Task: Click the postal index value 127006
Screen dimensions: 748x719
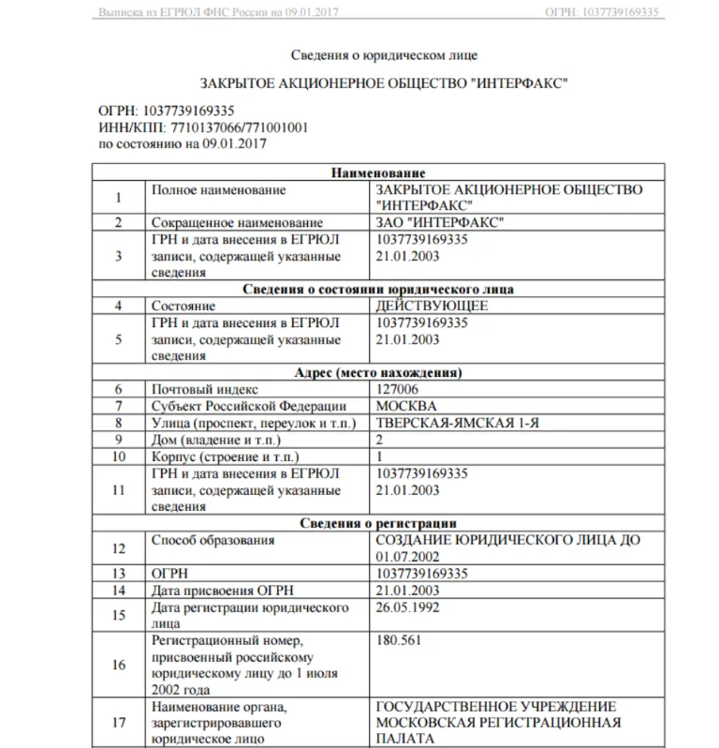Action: point(397,388)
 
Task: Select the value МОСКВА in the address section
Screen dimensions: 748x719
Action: point(405,405)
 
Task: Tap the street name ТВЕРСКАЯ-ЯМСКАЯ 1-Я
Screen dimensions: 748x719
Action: point(457,423)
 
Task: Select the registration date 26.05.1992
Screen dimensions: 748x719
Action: point(407,607)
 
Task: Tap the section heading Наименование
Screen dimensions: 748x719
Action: point(378,172)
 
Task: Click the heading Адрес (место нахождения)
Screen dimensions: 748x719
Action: point(378,372)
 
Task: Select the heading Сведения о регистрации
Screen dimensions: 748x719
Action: point(378,522)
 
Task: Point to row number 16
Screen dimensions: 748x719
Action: point(118,665)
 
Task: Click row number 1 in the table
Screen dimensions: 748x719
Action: point(118,197)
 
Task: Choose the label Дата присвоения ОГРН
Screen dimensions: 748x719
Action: point(216,591)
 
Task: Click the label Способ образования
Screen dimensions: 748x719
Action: point(213,540)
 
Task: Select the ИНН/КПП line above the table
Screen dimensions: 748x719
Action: point(203,127)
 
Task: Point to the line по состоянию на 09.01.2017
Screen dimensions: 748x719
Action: point(183,143)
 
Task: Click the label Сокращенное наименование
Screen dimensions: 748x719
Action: point(237,223)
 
